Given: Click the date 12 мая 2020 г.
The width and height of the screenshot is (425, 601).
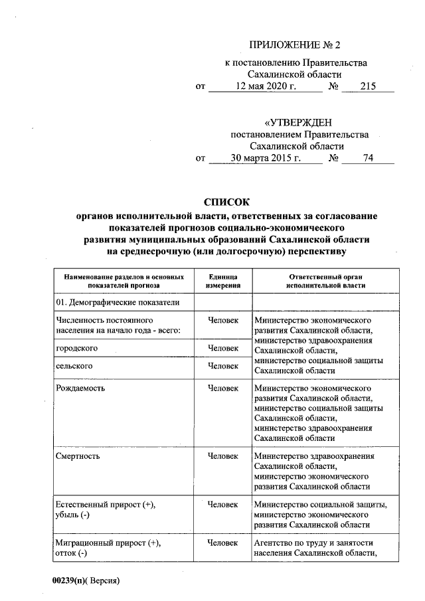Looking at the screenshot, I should (x=264, y=86).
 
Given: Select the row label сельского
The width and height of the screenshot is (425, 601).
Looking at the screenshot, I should (x=74, y=366).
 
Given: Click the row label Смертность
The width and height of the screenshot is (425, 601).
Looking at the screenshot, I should (x=78, y=456).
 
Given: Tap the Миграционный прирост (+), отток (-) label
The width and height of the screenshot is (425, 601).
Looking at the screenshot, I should (x=108, y=548).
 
